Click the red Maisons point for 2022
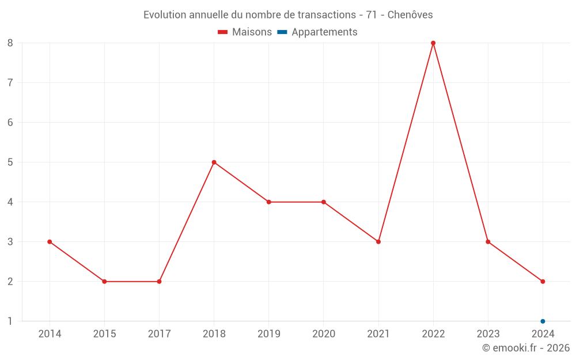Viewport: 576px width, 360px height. point(433,43)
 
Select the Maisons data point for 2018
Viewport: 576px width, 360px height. point(214,162)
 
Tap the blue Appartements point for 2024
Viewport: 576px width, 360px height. point(543,321)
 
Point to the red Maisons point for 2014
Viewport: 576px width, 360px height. point(50,242)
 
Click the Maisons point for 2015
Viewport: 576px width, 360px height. point(104,282)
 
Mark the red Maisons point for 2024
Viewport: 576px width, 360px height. point(543,282)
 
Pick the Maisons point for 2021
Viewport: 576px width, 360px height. point(378,242)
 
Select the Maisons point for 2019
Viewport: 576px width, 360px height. point(268,202)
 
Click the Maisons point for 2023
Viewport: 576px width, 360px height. point(488,242)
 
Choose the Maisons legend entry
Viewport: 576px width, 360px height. point(245,32)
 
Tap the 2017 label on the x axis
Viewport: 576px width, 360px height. point(159,334)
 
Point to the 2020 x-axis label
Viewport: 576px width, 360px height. point(323,334)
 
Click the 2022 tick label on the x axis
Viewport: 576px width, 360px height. point(433,334)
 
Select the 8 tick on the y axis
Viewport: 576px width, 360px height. point(10,43)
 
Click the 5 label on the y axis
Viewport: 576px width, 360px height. point(10,162)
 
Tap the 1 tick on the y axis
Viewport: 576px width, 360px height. point(10,321)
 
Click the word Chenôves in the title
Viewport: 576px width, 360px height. point(410,15)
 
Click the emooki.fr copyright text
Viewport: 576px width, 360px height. point(526,348)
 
